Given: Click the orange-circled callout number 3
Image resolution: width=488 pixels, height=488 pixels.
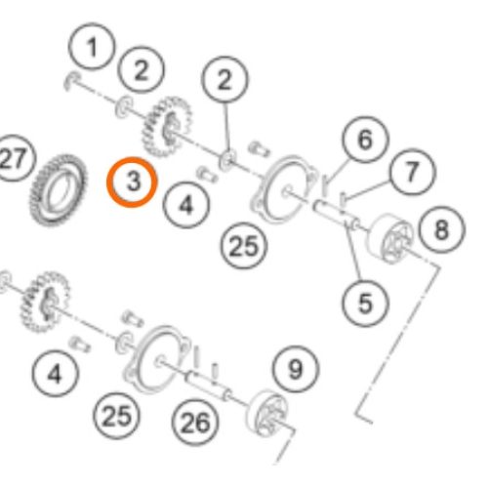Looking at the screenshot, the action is pos(132,182).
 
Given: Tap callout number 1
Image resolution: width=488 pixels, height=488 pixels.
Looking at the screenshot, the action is pos(92,46).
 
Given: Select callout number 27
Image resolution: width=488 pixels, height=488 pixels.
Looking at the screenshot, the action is pos(13,158).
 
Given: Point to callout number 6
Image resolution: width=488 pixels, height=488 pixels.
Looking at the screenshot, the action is pos(365,140).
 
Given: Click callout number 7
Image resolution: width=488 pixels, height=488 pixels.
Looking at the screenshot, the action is pos(413,172).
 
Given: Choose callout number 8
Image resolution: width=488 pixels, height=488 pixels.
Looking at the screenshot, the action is pos(442,229).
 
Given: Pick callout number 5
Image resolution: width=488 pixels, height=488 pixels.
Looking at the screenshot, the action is pos(365,304).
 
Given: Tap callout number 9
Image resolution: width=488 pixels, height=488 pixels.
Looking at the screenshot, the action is pos(296,369).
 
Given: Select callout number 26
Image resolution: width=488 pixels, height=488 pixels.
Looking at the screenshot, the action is pos(195,423).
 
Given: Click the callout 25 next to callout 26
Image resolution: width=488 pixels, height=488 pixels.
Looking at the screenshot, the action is pos(116,416).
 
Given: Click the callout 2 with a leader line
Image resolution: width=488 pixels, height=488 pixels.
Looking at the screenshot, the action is pos(224,79).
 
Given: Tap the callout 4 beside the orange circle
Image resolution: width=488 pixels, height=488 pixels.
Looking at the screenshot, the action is pos(186,205).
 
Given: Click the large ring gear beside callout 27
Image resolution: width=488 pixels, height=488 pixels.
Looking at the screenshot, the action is pos(59,190).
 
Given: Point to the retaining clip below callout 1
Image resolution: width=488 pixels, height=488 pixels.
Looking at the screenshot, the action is pos(71,81).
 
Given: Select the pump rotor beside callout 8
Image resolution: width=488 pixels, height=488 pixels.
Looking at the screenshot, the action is pos(389,238).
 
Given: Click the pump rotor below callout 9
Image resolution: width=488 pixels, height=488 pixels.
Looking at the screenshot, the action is pos(266,414).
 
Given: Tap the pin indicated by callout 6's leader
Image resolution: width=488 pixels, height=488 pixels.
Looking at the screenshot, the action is pos(325,186).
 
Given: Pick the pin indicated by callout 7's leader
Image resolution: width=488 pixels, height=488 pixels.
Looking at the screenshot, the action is pos(343,200).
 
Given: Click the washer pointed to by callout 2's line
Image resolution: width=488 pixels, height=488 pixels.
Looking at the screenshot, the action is pos(227,159).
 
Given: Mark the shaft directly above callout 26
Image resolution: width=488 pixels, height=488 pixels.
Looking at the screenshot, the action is pos(208,386).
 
